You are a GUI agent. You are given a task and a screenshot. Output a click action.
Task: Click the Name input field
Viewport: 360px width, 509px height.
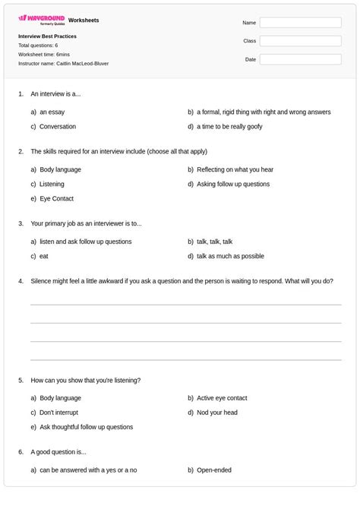(299, 23)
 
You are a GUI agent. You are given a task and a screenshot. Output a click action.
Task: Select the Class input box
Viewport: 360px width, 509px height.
(299, 41)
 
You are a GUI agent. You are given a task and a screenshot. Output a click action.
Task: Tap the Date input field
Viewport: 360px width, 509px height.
(299, 59)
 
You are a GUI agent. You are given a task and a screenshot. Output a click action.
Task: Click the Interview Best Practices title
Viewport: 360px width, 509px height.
(47, 36)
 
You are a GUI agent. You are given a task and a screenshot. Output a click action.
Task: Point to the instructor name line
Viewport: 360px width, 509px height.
(63, 63)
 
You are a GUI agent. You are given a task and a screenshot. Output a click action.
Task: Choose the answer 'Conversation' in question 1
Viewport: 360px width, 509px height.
(58, 126)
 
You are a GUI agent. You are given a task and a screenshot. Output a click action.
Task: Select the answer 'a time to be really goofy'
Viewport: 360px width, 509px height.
(229, 126)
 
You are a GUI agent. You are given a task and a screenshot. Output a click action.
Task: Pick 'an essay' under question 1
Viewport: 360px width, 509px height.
(52, 112)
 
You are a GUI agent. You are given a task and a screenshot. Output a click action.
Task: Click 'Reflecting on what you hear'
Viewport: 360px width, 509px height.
(235, 169)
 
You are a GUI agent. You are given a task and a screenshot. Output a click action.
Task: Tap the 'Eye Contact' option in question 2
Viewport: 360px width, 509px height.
(57, 198)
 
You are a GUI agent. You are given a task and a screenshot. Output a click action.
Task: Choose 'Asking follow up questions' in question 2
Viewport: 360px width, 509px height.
(232, 184)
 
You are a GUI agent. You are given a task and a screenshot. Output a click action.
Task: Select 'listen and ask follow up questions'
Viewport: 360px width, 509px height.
(86, 242)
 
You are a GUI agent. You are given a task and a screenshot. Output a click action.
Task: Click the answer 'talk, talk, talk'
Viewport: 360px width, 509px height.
(214, 242)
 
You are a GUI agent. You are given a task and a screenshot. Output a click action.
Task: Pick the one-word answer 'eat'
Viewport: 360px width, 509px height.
(44, 256)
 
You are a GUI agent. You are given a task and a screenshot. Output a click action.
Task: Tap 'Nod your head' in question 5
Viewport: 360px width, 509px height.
(217, 413)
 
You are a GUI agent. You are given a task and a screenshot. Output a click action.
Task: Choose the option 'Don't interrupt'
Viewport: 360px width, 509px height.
(59, 413)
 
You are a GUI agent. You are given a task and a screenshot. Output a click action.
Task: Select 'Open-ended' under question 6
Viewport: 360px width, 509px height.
(214, 470)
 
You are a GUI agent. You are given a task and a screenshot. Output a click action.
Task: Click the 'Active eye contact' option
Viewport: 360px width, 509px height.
(222, 397)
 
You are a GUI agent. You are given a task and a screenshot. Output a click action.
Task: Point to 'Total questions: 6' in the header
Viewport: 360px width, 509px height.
(38, 46)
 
